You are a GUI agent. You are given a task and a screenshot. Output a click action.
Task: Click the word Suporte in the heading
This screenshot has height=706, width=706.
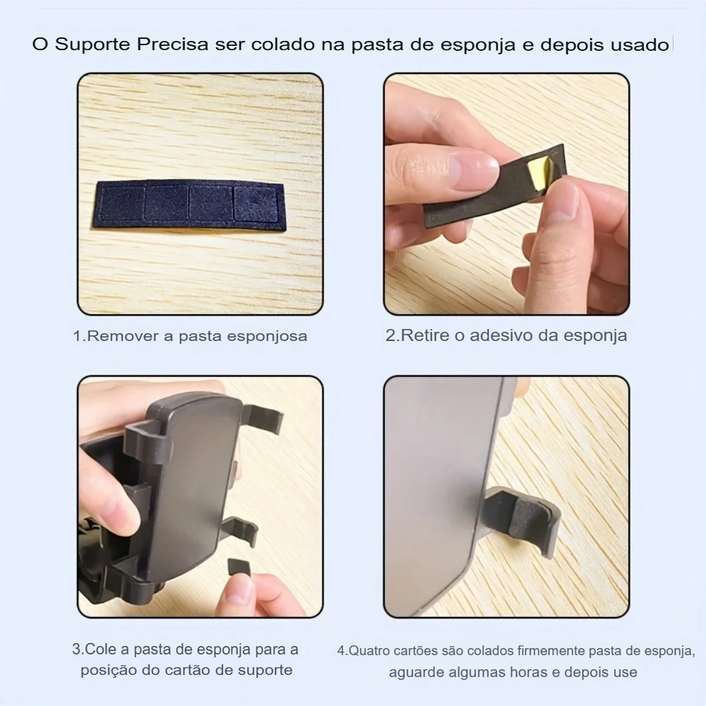point(92,44)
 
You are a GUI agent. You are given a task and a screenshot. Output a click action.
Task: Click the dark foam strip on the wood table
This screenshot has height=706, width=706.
point(191,205)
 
